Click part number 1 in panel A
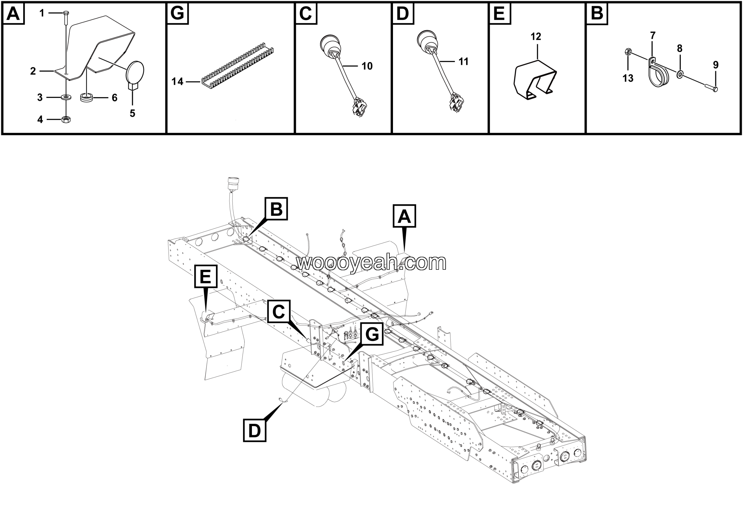point(42,13)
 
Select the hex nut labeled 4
point(66,119)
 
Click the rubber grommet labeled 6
point(86,98)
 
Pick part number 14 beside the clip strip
point(177,81)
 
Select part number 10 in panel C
point(367,66)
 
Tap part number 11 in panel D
point(464,62)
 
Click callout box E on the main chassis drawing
point(206,276)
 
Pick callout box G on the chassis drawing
point(372,334)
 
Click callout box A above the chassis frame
point(404,216)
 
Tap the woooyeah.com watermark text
point(371,262)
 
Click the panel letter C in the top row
point(306,14)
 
